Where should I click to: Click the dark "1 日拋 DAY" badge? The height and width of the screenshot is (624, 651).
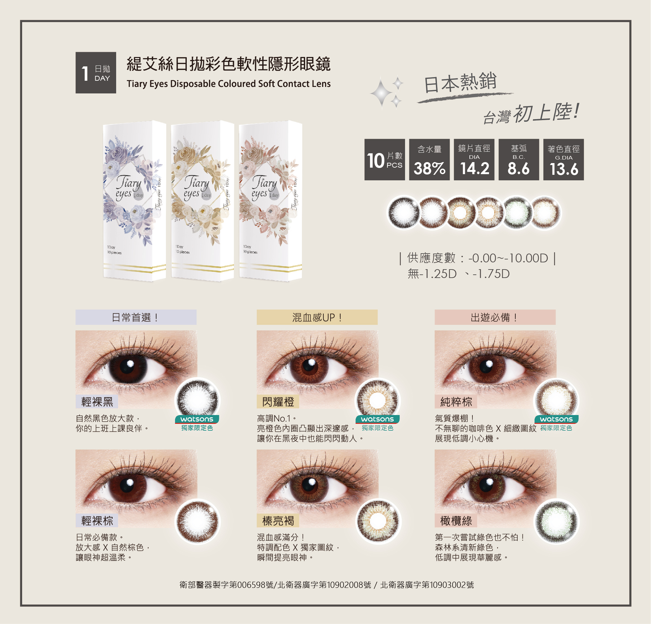tap(96, 73)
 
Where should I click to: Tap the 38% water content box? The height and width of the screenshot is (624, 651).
tap(429, 159)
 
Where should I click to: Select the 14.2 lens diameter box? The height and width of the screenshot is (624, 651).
tap(474, 159)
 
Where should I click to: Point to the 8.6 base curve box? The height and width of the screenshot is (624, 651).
tap(519, 159)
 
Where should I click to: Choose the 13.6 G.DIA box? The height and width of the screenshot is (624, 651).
tap(563, 159)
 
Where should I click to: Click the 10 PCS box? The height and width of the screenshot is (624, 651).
tap(385, 159)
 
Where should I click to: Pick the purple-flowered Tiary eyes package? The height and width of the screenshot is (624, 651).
tap(134, 201)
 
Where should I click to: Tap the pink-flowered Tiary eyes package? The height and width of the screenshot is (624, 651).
tap(270, 201)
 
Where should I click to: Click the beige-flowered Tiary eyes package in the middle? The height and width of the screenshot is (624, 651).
tap(202, 201)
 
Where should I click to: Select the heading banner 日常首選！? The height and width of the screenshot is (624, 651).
tap(136, 317)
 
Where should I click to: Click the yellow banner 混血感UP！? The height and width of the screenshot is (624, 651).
tap(317, 317)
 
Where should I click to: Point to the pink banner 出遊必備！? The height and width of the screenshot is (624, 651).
tap(495, 317)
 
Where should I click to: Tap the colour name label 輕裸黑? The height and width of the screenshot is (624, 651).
tap(97, 402)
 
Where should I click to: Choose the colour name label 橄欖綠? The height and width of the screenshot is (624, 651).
tap(456, 521)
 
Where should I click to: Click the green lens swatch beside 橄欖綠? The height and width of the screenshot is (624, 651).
tap(556, 521)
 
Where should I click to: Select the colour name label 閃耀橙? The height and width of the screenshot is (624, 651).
tap(278, 402)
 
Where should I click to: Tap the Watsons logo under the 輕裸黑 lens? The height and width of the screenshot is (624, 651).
tap(197, 419)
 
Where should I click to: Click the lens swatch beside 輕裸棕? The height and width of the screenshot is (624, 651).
tap(197, 521)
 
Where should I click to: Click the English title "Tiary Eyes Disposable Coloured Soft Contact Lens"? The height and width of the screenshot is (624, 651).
tap(228, 84)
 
